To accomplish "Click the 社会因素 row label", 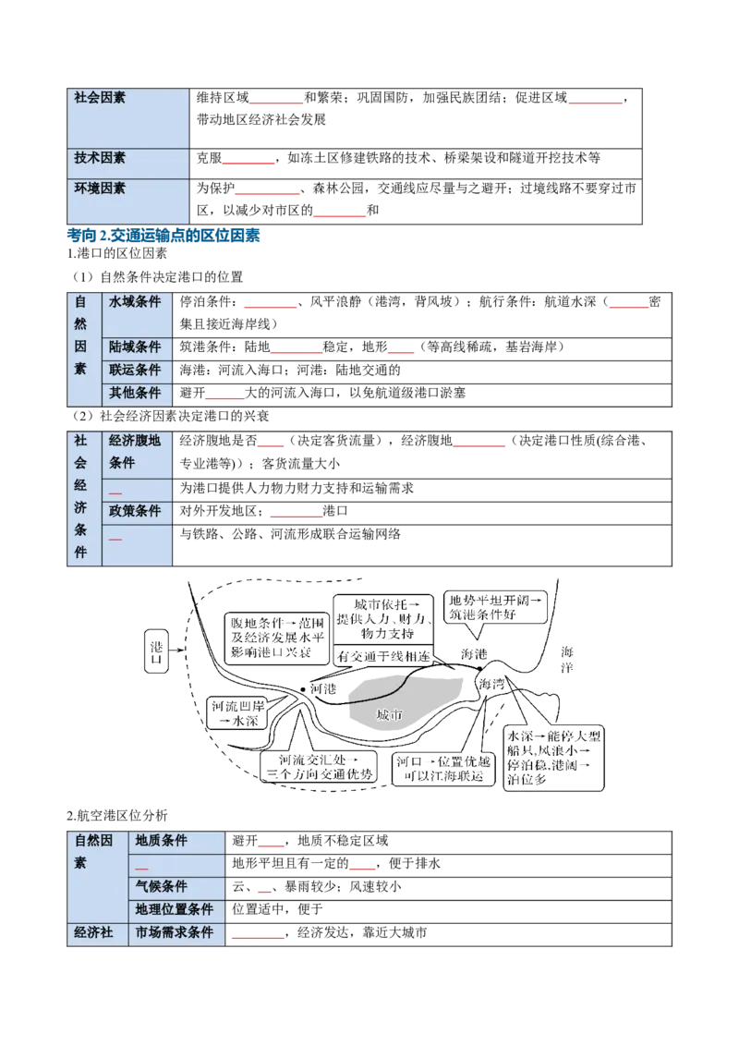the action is coord(100,97).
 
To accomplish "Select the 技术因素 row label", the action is coord(100,157).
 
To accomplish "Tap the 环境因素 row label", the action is coord(100,189).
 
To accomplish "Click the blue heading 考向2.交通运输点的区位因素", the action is coord(164,235).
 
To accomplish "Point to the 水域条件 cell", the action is coord(136,301).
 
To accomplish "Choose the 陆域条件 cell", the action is coord(136,347).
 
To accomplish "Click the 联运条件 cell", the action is coord(136,370).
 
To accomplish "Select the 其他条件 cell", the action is coord(136,393).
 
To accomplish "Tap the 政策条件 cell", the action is coord(136,511).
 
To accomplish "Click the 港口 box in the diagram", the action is coord(156,652).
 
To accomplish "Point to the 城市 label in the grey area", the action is coord(390,715).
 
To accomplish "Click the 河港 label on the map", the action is coord(323,688).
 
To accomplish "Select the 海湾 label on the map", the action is coord(491,684).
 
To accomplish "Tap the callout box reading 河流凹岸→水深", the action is coord(237,713).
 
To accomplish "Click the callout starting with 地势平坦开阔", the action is coord(494,607).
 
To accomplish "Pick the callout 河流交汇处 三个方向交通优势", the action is coord(320,767).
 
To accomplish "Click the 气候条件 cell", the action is coord(162,886).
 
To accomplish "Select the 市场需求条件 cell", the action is coord(174,932).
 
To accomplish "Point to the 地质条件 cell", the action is coord(162,841).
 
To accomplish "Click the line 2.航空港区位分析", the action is coord(117,815).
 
